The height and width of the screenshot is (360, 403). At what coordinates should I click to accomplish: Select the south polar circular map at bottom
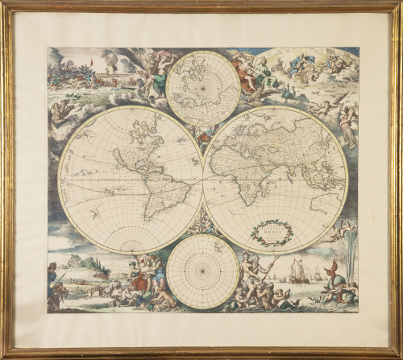[202, 271]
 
